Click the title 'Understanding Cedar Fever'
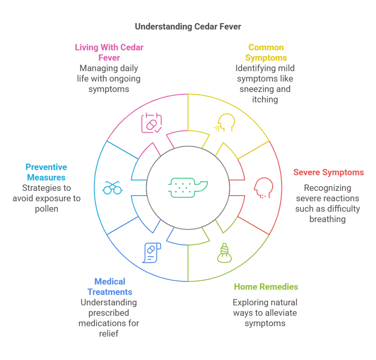point(188,26)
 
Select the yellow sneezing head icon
point(224,123)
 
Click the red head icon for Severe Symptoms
point(263,188)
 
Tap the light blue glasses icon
point(112,188)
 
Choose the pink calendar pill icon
point(152,123)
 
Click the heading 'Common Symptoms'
point(266,52)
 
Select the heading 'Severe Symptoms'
point(328,172)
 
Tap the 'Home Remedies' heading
point(266,287)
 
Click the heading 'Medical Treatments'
point(110,287)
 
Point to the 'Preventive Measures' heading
point(46,172)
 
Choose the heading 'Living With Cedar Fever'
point(109,52)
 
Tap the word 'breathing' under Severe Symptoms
point(328,219)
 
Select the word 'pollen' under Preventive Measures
point(46,208)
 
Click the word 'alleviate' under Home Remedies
point(279,313)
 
